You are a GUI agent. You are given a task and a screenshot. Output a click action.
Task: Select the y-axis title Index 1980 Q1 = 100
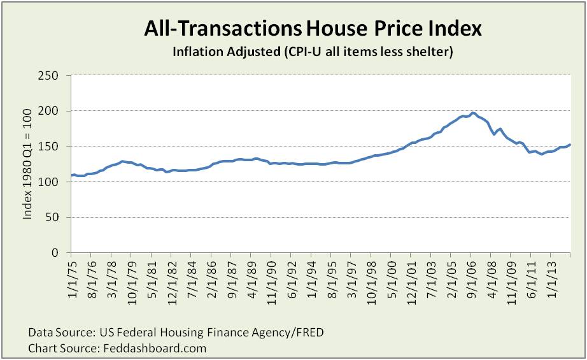tap(28, 164)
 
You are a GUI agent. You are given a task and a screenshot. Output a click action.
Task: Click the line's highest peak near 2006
tap(473, 113)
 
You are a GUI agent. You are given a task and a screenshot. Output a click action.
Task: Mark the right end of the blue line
tap(570, 145)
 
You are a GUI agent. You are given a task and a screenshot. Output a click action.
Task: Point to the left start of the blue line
tap(71, 175)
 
